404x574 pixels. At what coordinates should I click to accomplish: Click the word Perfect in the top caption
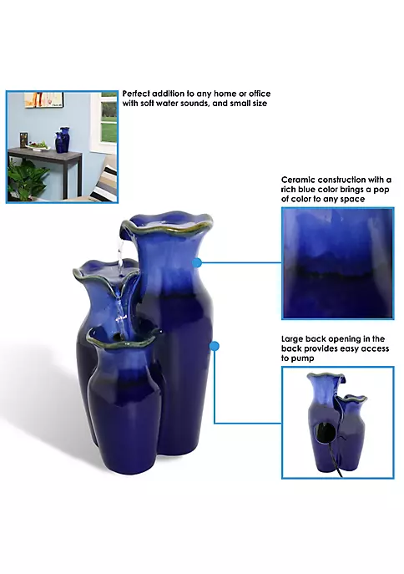[x=136, y=94]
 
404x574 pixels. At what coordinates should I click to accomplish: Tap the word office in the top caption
[x=260, y=94]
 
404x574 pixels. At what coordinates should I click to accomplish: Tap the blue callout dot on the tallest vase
[x=197, y=262]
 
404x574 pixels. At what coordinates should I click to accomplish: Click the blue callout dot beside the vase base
[x=215, y=346]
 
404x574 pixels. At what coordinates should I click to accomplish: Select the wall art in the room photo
[x=44, y=99]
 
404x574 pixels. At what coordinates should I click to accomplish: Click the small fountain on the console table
[x=62, y=140]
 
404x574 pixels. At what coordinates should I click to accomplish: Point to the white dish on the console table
[x=38, y=148]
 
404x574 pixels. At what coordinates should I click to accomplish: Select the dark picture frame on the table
[x=23, y=140]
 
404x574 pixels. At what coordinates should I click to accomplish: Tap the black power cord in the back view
[x=335, y=458]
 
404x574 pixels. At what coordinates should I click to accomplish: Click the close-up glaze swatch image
[x=338, y=263]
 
